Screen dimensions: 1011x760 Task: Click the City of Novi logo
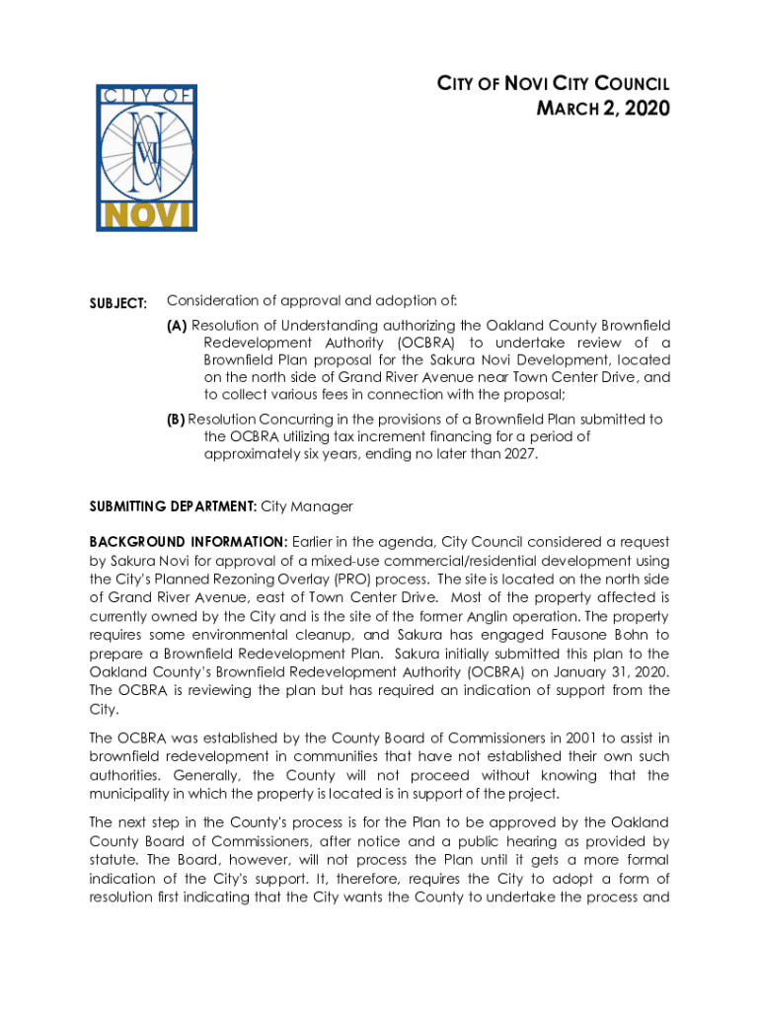pyautogui.click(x=146, y=158)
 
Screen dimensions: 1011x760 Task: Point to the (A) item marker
pyautogui.click(x=177, y=325)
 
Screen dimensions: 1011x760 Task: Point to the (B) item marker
pyautogui.click(x=176, y=419)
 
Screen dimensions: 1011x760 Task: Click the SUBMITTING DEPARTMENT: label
pyautogui.click(x=173, y=506)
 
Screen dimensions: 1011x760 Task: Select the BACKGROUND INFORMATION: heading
pyautogui.click(x=189, y=542)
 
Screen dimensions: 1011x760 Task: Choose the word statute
pyautogui.click(x=113, y=860)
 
